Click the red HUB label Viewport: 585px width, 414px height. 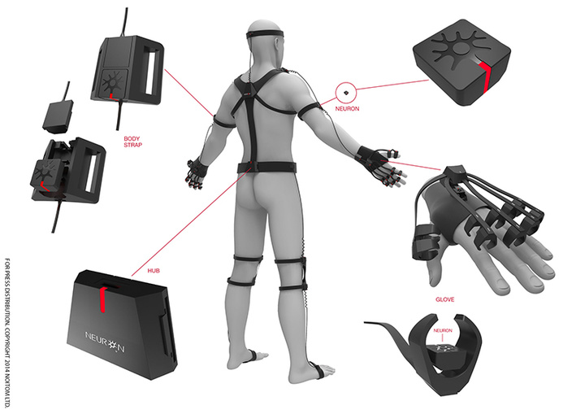click(154, 271)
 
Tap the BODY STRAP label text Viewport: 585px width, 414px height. click(132, 142)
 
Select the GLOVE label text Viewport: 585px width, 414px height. click(444, 299)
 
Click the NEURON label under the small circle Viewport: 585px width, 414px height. click(347, 109)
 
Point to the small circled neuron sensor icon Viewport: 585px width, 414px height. click(346, 92)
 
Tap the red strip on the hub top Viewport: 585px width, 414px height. click(102, 299)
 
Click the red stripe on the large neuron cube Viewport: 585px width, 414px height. click(485, 76)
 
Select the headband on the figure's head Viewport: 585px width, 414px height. click(265, 35)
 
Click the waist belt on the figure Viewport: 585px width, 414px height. click(266, 168)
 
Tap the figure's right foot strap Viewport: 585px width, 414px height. click(319, 372)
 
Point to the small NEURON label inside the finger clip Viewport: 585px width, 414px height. click(443, 331)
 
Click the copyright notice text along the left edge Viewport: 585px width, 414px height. click(7, 333)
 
